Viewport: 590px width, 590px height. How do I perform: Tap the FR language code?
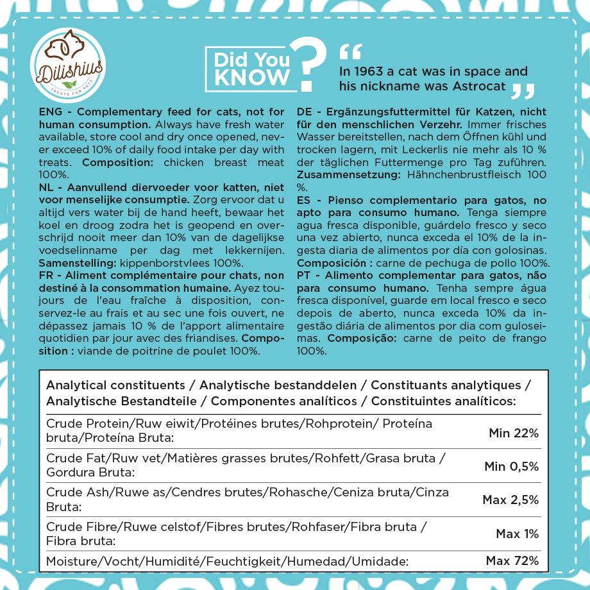(x=46, y=276)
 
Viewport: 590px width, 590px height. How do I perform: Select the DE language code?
(x=305, y=112)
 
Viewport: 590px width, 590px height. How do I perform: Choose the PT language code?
(x=304, y=276)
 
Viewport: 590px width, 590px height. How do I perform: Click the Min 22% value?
(x=514, y=433)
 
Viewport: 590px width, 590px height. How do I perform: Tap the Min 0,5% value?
(x=512, y=466)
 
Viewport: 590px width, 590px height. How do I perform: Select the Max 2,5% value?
(x=510, y=500)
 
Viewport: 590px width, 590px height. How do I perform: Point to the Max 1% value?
(x=518, y=534)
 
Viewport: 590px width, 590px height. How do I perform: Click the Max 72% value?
(x=512, y=561)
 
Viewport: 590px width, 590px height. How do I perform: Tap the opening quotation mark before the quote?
(x=351, y=52)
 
